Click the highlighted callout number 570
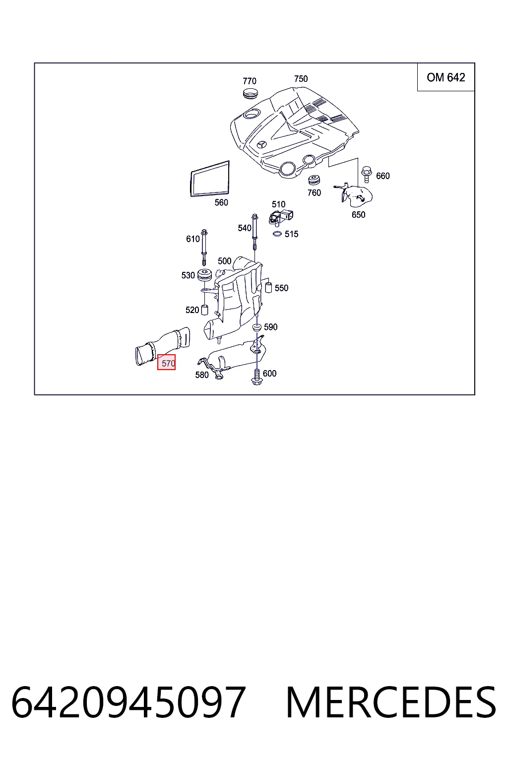tap(166, 362)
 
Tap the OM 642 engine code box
tap(445, 77)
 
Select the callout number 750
tap(301, 79)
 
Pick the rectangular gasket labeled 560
tap(209, 179)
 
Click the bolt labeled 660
tap(367, 175)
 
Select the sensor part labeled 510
tap(281, 217)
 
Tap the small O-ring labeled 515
tap(277, 234)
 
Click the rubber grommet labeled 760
tap(314, 180)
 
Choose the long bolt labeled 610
tap(204, 248)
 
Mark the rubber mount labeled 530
tap(204, 274)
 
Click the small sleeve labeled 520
tap(204, 310)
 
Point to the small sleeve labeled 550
tap(268, 287)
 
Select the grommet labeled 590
tap(256, 327)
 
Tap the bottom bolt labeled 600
tap(256, 377)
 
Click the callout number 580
tap(202, 375)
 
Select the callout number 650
tap(358, 215)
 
